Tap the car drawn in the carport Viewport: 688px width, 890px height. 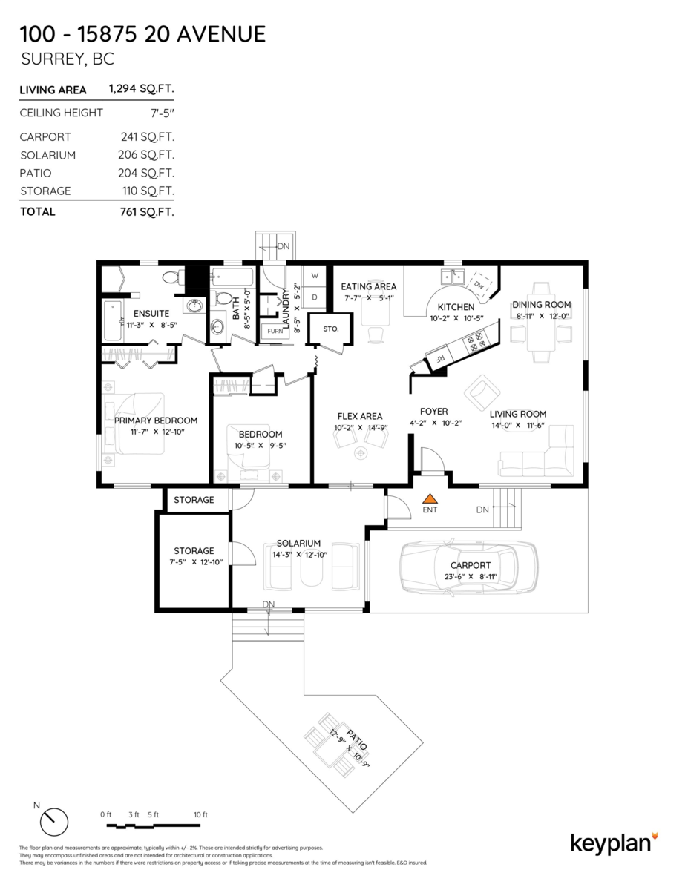click(x=468, y=567)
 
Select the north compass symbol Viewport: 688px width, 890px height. click(x=53, y=821)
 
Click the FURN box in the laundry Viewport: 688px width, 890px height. click(x=275, y=331)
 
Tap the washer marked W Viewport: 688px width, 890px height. click(x=315, y=275)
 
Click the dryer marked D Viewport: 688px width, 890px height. click(x=315, y=297)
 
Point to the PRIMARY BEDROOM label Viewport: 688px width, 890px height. click(x=156, y=421)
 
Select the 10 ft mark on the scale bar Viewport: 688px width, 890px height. click(x=200, y=814)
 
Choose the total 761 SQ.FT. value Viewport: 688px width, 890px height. click(x=148, y=211)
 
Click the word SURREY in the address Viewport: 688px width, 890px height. click(x=46, y=59)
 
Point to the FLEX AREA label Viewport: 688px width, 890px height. click(x=360, y=416)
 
